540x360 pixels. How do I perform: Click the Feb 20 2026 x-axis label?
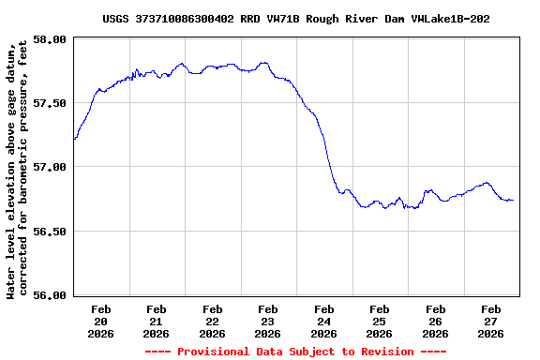101,321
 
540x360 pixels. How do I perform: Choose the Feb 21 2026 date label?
157,321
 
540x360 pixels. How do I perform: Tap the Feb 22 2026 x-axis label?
213,321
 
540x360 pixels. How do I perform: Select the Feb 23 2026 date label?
268,321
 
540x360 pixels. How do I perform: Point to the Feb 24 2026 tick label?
324,321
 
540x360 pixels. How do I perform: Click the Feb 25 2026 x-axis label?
380,321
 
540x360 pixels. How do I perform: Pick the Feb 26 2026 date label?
435,321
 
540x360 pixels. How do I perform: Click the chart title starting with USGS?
295,19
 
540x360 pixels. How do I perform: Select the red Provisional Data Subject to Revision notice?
295,352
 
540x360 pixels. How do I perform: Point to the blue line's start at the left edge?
74,139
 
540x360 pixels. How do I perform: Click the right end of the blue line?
513,200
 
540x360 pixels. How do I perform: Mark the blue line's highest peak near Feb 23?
265,63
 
